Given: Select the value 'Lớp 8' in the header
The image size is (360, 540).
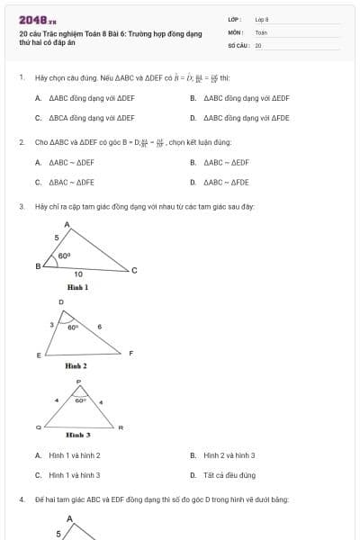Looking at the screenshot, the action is click(x=262, y=18).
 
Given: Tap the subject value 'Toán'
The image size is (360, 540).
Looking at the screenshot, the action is click(x=261, y=31).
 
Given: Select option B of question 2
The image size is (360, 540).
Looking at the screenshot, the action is click(x=226, y=162).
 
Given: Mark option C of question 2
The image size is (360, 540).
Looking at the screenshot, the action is click(x=71, y=181).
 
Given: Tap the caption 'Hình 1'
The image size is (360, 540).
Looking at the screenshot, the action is click(x=77, y=287).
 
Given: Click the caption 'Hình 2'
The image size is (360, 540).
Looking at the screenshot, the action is click(x=76, y=366).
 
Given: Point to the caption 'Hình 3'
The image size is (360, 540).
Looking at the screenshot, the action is click(x=78, y=435).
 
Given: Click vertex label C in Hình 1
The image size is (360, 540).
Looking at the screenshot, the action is click(x=135, y=270).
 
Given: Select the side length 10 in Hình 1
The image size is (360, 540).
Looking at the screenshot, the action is click(x=78, y=274).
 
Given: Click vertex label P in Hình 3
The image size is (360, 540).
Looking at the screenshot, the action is click(x=78, y=382).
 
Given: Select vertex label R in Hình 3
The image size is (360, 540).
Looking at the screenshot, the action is click(x=121, y=427).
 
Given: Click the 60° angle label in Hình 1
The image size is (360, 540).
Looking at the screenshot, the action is click(x=64, y=256).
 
